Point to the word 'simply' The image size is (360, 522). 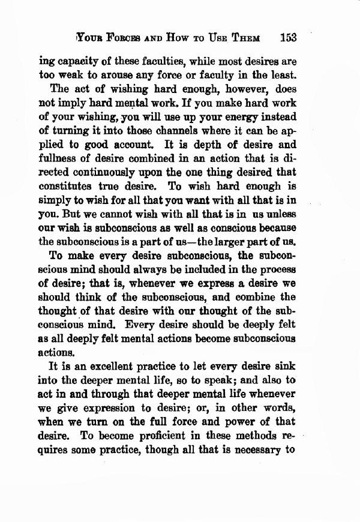pyautogui.click(x=55, y=205)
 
